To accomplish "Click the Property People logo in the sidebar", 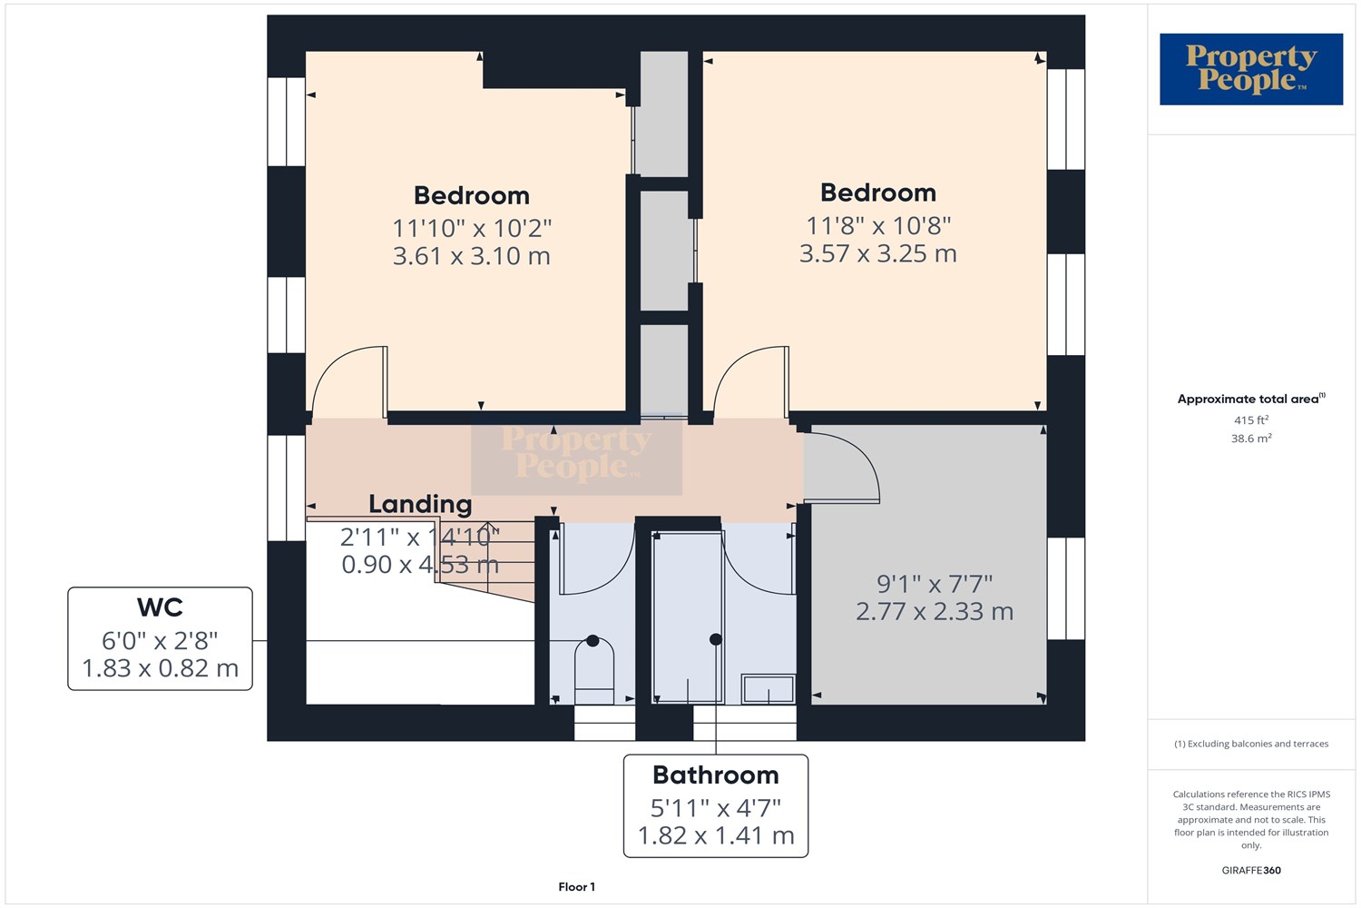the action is pyautogui.click(x=1251, y=69).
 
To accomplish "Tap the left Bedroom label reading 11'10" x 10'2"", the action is pyautogui.click(x=472, y=229).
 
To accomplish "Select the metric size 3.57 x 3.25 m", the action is pyautogui.click(x=878, y=253).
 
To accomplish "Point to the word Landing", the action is pyautogui.click(x=420, y=504).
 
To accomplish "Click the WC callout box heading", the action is pyautogui.click(x=160, y=607).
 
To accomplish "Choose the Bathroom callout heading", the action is pyautogui.click(x=716, y=775).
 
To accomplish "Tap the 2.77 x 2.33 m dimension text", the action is pyautogui.click(x=935, y=611).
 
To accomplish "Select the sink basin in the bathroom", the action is pyautogui.click(x=768, y=689).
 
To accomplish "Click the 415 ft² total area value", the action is pyautogui.click(x=1251, y=419).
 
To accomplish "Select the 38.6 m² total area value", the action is pyautogui.click(x=1251, y=438).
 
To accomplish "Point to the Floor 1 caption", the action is pyautogui.click(x=576, y=887).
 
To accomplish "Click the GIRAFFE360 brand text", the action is pyautogui.click(x=1251, y=870).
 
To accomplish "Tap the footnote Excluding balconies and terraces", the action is pyautogui.click(x=1251, y=744).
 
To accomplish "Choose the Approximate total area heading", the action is pyautogui.click(x=1251, y=399).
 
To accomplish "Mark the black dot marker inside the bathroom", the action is pyautogui.click(x=716, y=640).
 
